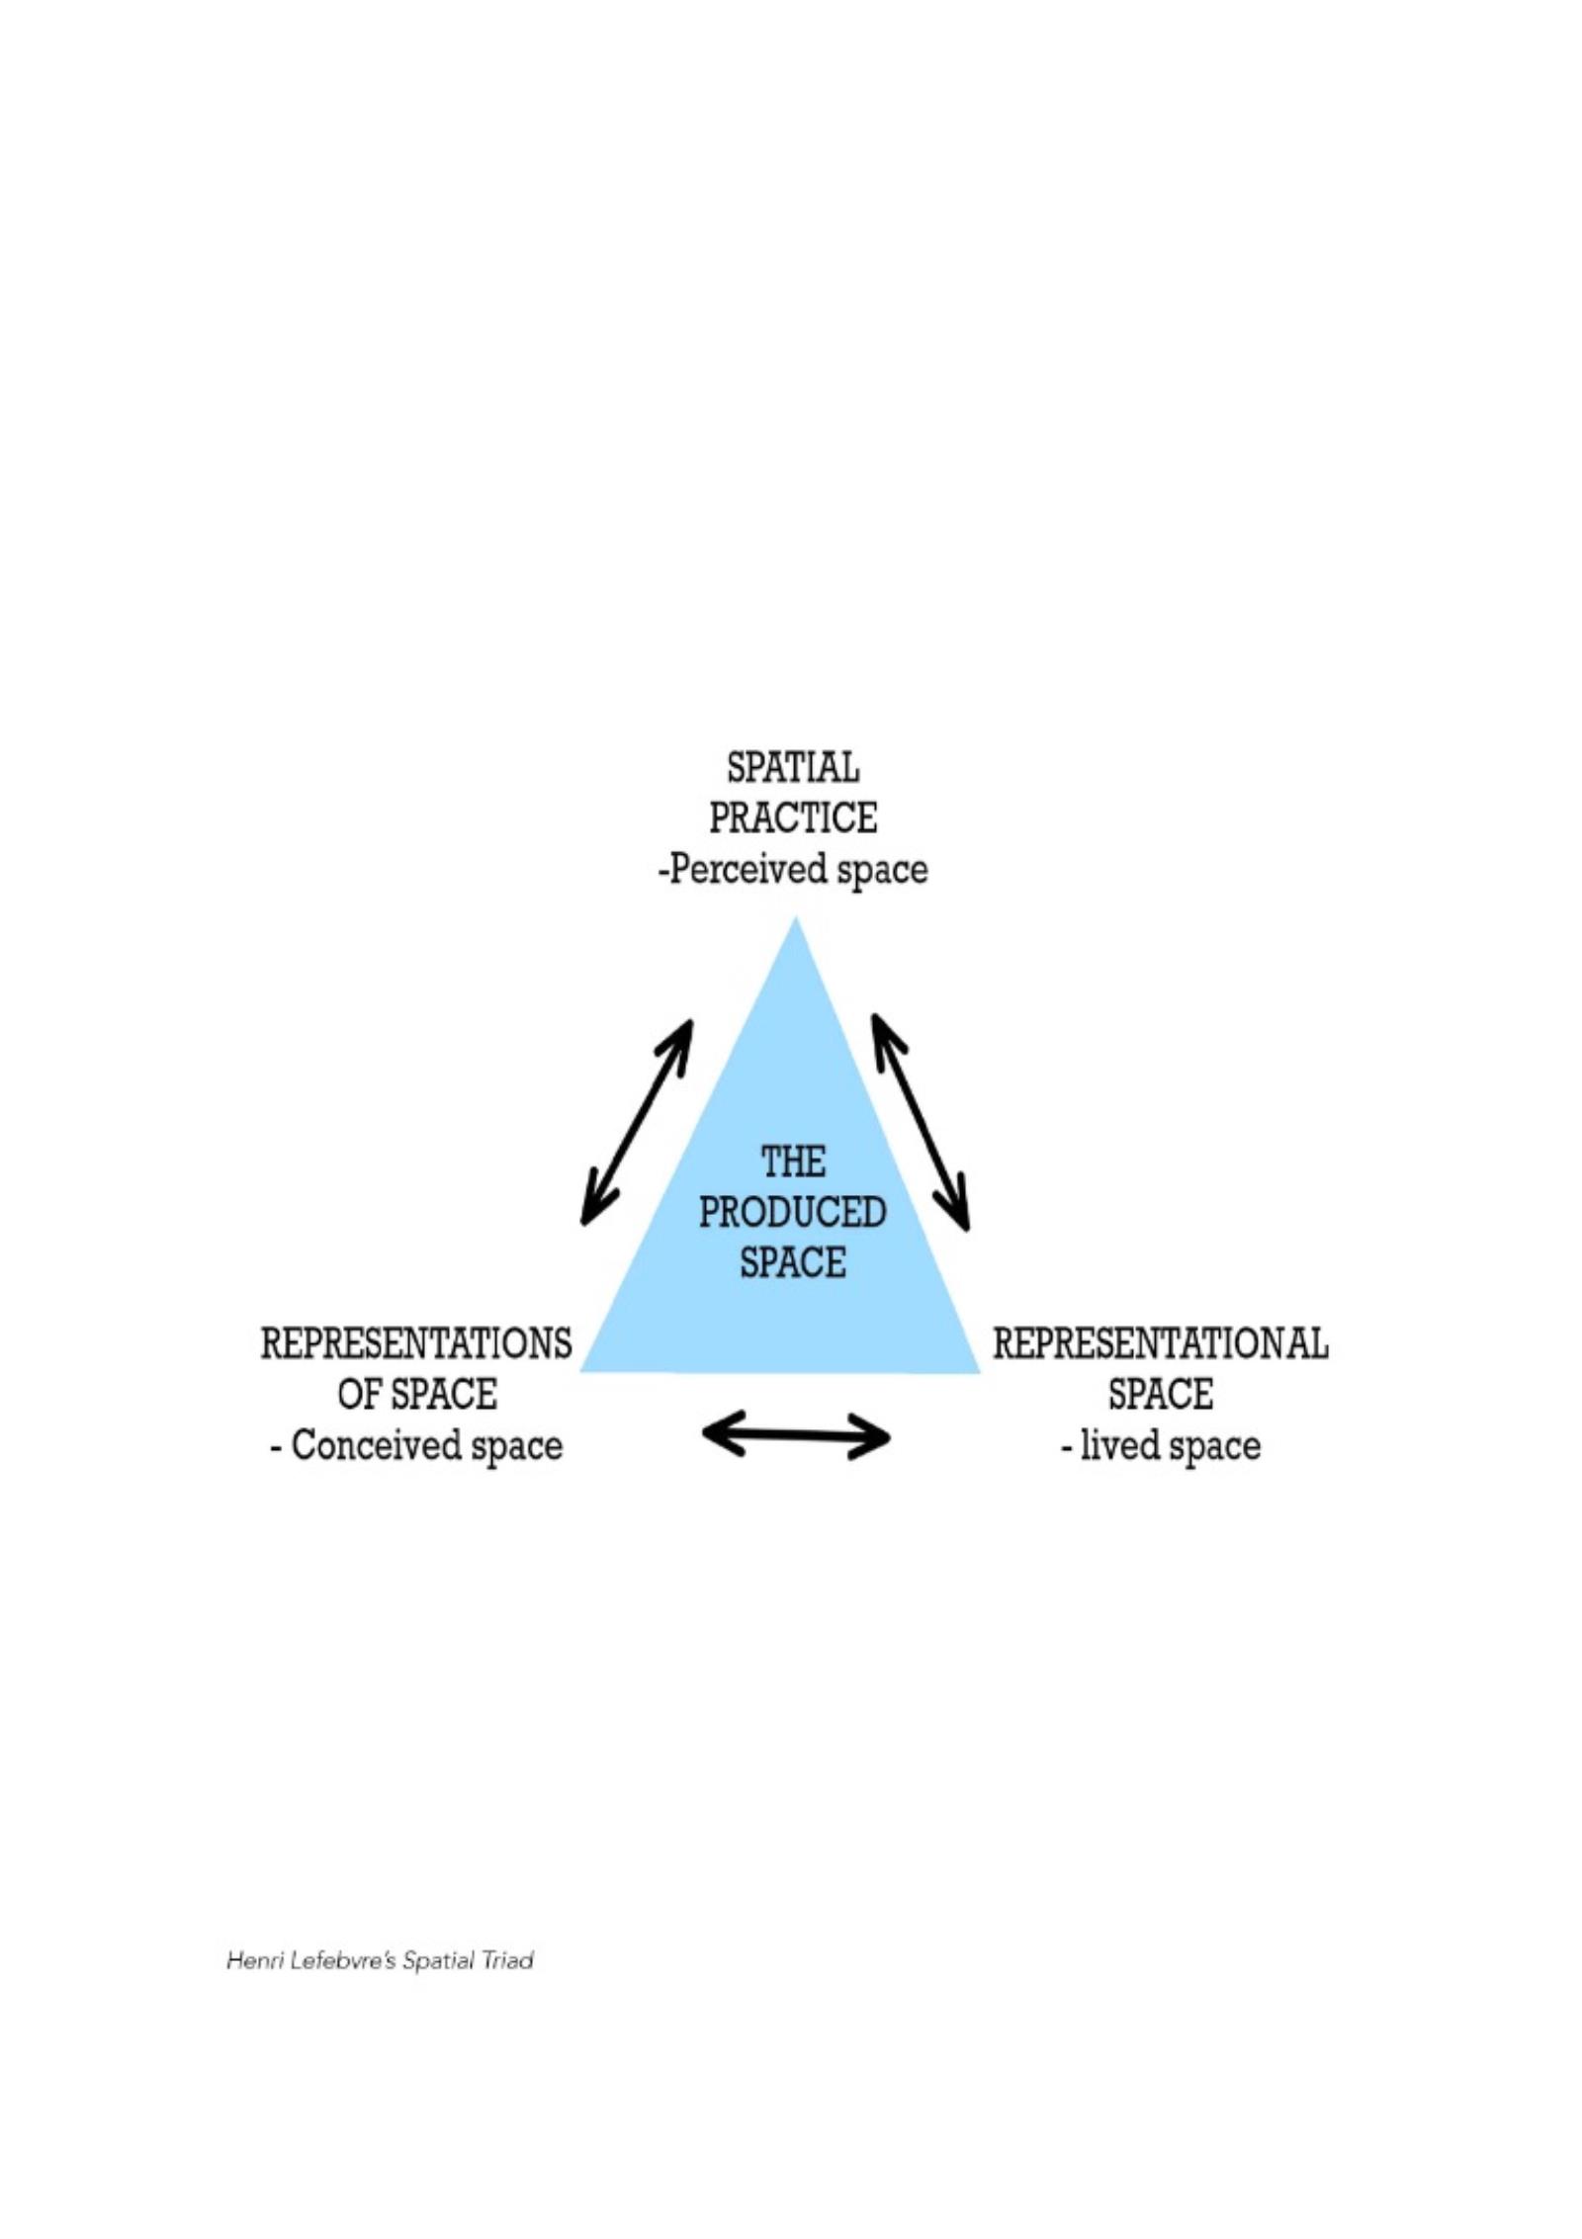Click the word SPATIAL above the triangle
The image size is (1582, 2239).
(793, 768)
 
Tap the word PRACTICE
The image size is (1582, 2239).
(793, 818)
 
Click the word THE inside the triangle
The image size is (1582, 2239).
(793, 1163)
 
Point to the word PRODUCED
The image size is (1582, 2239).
(793, 1213)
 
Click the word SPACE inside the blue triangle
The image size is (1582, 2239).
(793, 1263)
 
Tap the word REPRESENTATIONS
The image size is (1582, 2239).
(416, 1344)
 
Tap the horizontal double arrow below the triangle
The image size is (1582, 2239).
(796, 1435)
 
